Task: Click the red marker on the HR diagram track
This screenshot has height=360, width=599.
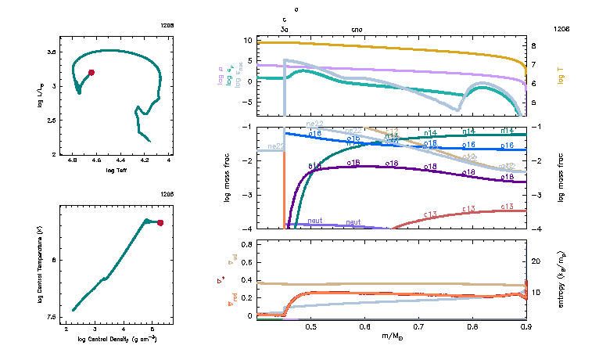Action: (91, 72)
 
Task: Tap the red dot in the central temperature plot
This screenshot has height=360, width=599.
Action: (160, 223)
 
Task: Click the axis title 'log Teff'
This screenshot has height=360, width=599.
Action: (115, 170)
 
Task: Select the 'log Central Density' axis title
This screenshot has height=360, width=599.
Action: (118, 338)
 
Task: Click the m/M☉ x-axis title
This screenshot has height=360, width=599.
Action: (391, 336)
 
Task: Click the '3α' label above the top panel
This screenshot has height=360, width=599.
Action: (284, 29)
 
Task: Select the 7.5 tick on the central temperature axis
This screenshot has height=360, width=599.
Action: (52, 317)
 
